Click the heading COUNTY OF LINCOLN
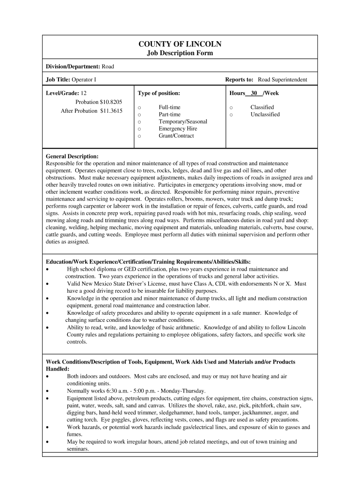click(180, 44)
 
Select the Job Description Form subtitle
click(180, 53)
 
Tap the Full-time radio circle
click(139, 108)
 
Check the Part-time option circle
click(139, 115)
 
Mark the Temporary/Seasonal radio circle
click(139, 122)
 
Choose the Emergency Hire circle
click(139, 129)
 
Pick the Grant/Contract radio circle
click(139, 136)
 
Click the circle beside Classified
click(231, 108)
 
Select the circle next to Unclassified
click(231, 115)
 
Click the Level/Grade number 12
click(84, 93)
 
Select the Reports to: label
click(239, 80)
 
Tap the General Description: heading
click(72, 156)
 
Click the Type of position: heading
click(159, 93)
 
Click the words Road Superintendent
click(282, 80)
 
